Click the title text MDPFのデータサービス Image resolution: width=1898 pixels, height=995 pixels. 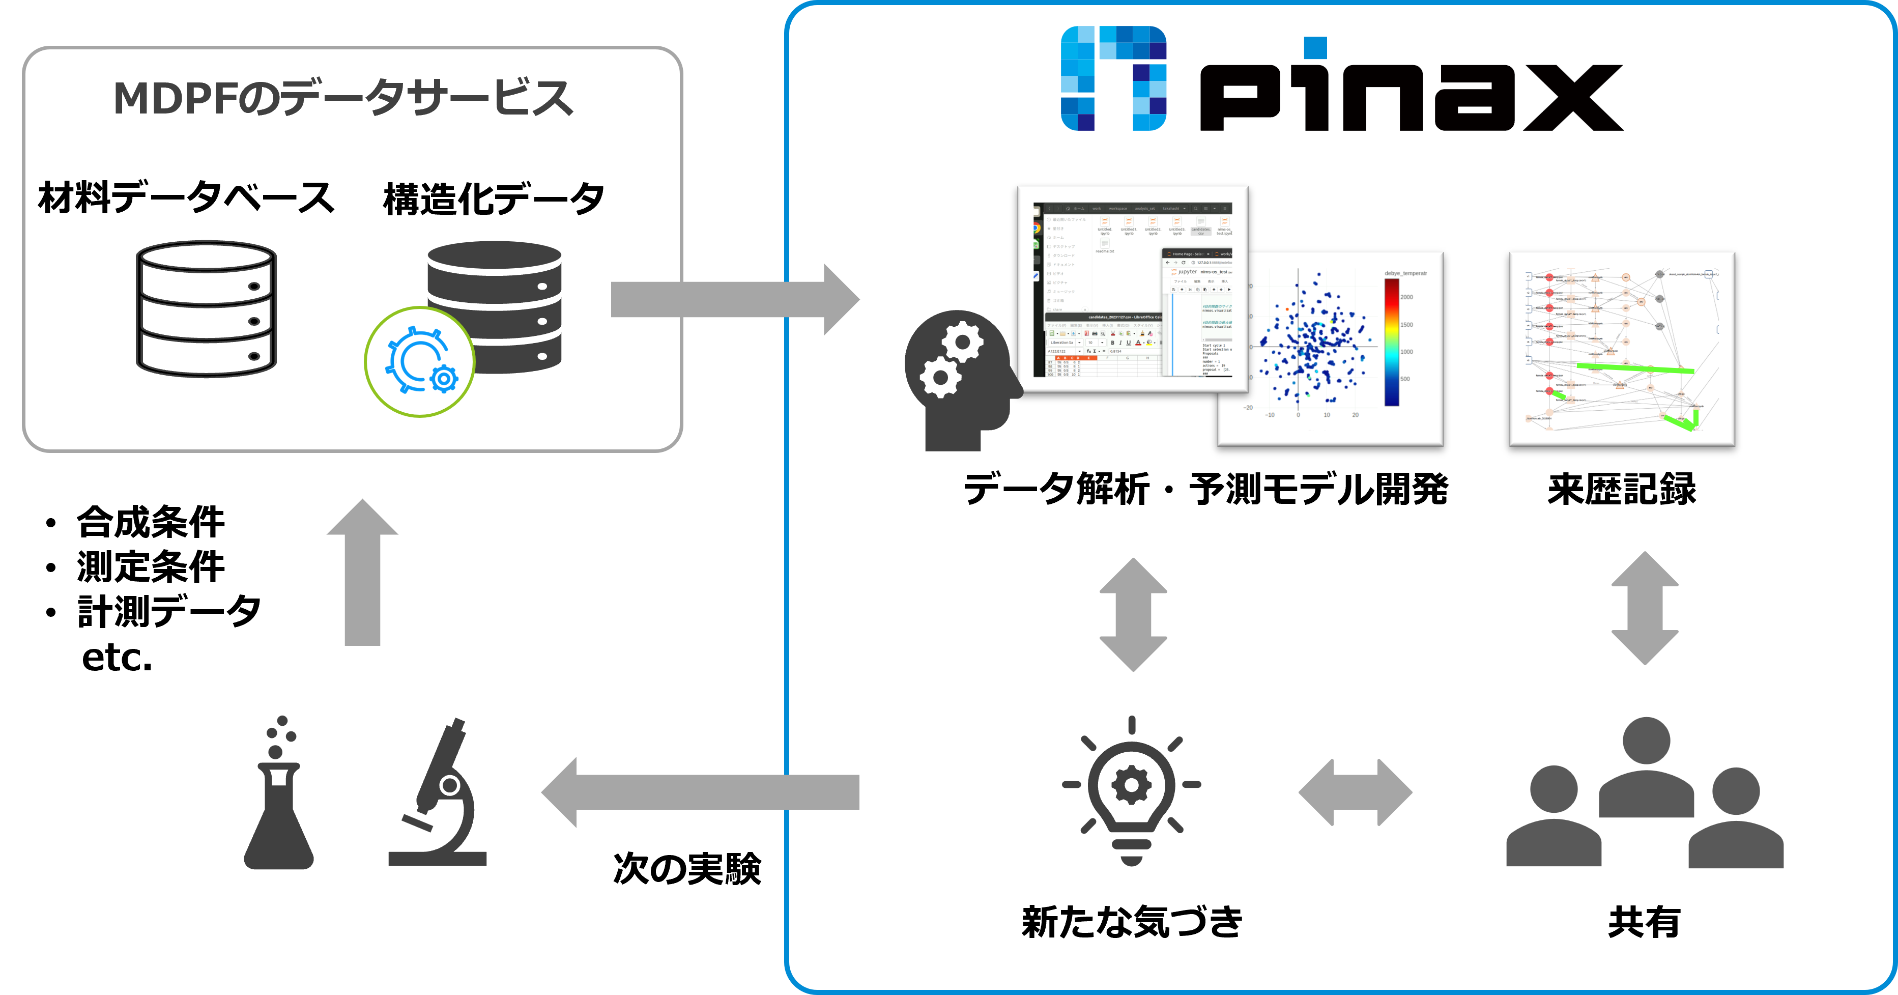coord(342,98)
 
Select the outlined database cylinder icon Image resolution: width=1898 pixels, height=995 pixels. coord(206,309)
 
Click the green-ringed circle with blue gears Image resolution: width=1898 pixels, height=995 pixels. coord(420,362)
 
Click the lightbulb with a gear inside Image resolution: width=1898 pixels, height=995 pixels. coord(1131,789)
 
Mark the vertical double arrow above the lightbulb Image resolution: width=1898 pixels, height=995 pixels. coord(1133,614)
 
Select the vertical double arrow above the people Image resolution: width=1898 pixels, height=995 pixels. coord(1645,608)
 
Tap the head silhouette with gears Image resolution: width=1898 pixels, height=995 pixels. coord(958,380)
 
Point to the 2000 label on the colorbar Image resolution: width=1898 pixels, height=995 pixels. coord(1406,297)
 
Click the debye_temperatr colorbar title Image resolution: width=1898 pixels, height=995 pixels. coord(1405,273)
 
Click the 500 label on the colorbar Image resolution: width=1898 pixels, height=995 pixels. coord(1405,379)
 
